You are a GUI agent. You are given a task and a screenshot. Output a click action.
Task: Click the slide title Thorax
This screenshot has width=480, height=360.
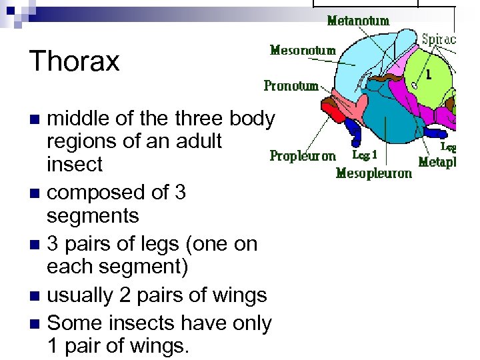[74, 61]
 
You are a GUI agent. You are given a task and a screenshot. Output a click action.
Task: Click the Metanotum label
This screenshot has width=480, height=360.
[358, 21]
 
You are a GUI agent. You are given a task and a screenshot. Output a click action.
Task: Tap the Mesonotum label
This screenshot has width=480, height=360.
[303, 50]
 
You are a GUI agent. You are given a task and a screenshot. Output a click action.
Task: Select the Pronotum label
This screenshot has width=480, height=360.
[291, 85]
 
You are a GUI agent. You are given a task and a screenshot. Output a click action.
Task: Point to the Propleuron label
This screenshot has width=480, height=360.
[303, 156]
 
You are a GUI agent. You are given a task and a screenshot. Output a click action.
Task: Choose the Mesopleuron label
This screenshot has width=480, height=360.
[374, 173]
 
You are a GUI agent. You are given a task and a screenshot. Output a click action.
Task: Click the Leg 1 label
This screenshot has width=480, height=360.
[365, 155]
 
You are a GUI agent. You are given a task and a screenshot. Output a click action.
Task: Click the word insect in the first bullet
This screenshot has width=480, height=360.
[74, 164]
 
